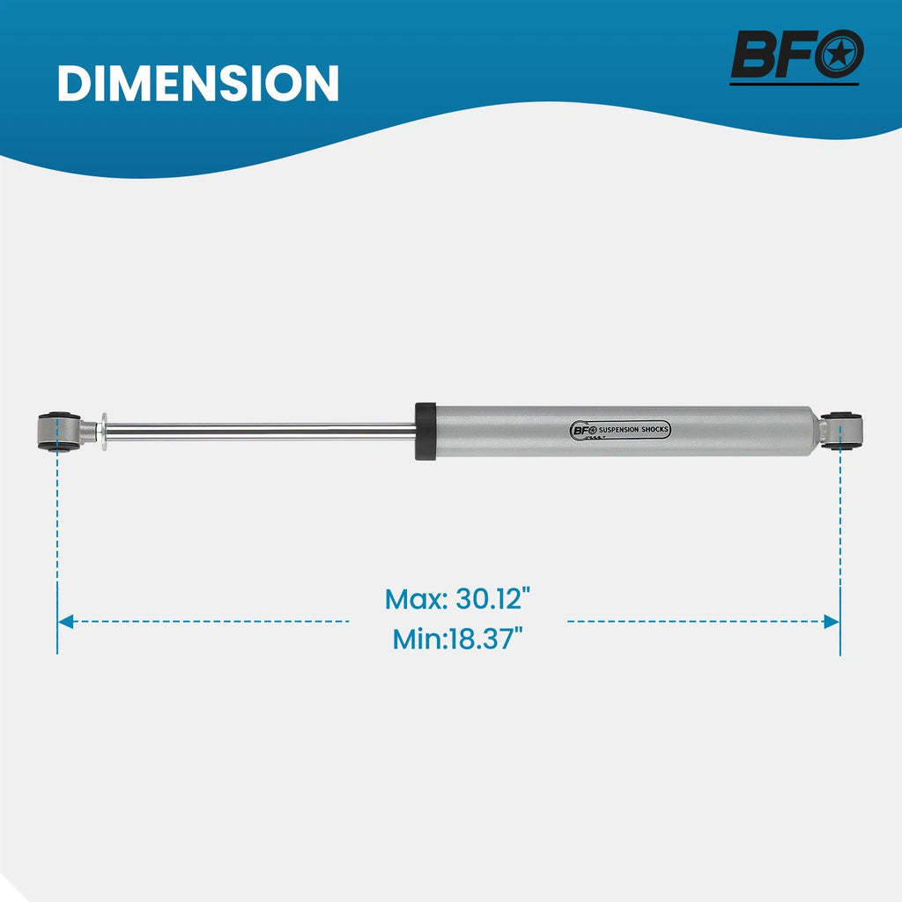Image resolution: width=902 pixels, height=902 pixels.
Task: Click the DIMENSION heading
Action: pos(198,84)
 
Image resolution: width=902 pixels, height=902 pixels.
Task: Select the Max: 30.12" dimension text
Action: pos(457,599)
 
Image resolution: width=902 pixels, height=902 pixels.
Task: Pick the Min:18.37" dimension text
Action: pos(457,639)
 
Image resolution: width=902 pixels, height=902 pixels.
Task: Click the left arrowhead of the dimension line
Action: pos(65,621)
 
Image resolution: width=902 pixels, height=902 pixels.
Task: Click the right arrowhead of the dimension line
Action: pos(832,621)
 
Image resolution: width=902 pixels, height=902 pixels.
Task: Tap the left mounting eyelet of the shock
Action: pos(59,431)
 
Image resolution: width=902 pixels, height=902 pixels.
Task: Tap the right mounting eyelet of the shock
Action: pos(841,430)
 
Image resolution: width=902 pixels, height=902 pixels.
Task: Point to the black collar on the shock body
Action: pos(425,432)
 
